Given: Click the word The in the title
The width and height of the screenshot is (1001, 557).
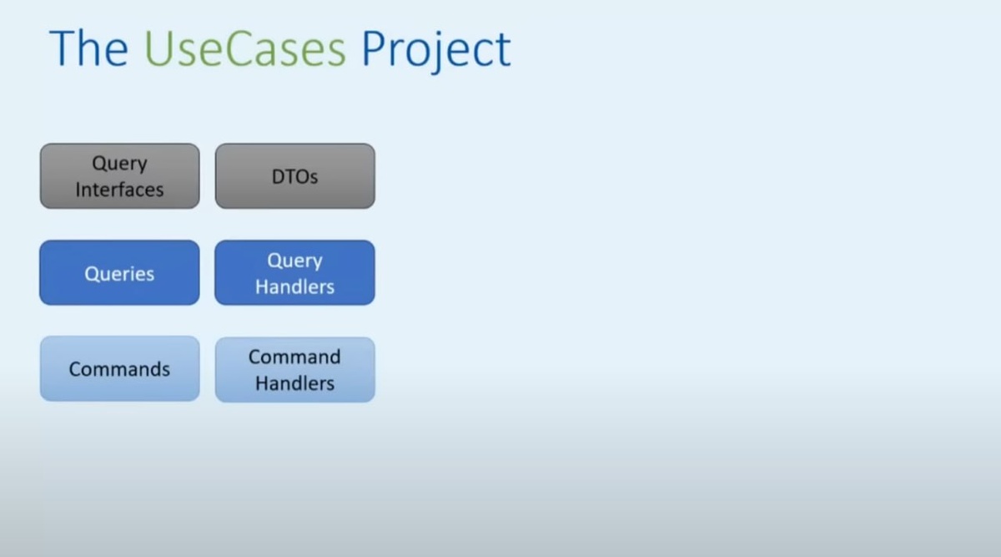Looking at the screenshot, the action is pos(88,48).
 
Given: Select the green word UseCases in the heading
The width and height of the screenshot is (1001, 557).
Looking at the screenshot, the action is pos(245,48).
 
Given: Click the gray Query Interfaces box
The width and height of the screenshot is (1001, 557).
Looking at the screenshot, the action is pos(119,176).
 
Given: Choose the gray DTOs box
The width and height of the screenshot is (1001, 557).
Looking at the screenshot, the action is pos(295,176).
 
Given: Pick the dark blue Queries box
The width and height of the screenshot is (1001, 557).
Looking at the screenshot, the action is pos(119,273).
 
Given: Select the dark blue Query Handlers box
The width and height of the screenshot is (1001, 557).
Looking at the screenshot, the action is pos(295,273).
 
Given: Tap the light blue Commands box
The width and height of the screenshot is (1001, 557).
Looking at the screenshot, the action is pos(119,369).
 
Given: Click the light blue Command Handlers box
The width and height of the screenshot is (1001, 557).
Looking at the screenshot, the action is pos(295,369).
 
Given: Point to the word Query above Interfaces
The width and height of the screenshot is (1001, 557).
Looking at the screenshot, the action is pos(119,164).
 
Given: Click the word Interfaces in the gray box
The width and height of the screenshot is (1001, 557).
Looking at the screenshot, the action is pos(119,190).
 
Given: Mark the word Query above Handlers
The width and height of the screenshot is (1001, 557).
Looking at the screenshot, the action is pos(294,261).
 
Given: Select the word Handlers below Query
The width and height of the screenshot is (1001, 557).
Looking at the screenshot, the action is pos(294,286).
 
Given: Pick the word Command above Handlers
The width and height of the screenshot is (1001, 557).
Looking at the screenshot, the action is pos(294,357).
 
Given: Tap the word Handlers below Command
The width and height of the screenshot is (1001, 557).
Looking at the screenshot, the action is pos(294,383).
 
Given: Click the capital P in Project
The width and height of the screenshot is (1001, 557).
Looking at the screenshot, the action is pos(373,48).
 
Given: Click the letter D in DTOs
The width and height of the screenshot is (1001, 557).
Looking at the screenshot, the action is pos(278,177).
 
